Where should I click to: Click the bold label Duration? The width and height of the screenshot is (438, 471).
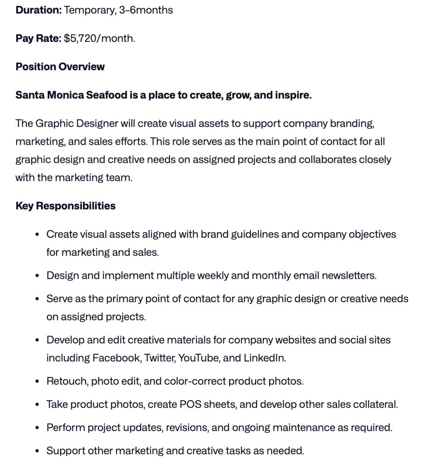[38, 10]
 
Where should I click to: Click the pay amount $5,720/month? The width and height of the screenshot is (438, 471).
[99, 38]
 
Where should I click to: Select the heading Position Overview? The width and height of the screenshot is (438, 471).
[60, 67]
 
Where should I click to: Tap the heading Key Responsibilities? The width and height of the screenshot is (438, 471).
[65, 206]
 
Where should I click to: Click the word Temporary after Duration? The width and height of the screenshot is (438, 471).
[89, 10]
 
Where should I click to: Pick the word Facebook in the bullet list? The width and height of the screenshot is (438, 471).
[116, 358]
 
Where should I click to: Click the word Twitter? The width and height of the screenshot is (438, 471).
[159, 358]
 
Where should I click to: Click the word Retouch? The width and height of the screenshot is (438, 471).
[66, 381]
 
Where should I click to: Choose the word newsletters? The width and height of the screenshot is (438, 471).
[348, 276]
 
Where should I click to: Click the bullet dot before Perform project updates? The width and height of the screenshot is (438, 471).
[37, 428]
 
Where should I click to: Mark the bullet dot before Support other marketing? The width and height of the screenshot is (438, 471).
[37, 451]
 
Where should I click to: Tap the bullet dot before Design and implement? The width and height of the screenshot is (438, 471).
[37, 276]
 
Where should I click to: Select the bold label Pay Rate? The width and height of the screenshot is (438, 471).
[38, 38]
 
